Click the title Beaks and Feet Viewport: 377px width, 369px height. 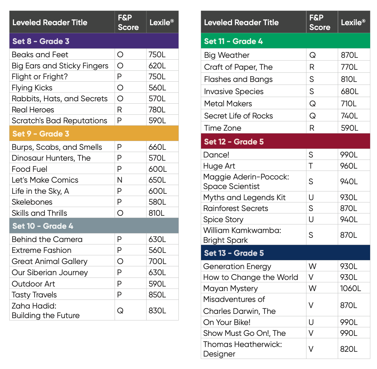pos(40,55)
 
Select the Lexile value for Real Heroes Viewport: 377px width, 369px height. pos(157,110)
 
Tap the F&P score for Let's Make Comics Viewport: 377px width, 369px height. pos(119,180)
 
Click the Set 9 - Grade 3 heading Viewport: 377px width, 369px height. pos(41,134)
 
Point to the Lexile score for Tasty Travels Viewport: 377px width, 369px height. pos(157,295)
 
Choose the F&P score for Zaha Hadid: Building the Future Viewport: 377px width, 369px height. pos(120,311)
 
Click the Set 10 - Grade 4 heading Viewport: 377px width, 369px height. pos(43,226)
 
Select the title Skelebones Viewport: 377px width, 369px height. pos(32,202)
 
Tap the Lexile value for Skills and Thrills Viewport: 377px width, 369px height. pos(156,213)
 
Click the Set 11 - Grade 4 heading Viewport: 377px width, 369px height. pos(233,41)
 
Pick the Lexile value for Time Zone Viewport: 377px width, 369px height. pos(349,128)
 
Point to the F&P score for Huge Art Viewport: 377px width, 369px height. pos(311,166)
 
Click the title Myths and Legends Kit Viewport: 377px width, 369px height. pos(244,197)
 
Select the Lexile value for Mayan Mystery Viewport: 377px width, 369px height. pos(351,288)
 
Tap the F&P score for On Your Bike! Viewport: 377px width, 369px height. pos(311,322)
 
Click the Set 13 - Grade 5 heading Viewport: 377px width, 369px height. pos(234,253)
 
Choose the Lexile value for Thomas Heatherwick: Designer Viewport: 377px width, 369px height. pos(349,349)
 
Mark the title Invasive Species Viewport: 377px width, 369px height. pos(234,91)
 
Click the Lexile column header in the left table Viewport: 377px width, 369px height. pos(161,23)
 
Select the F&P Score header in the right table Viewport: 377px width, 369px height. pos(320,22)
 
